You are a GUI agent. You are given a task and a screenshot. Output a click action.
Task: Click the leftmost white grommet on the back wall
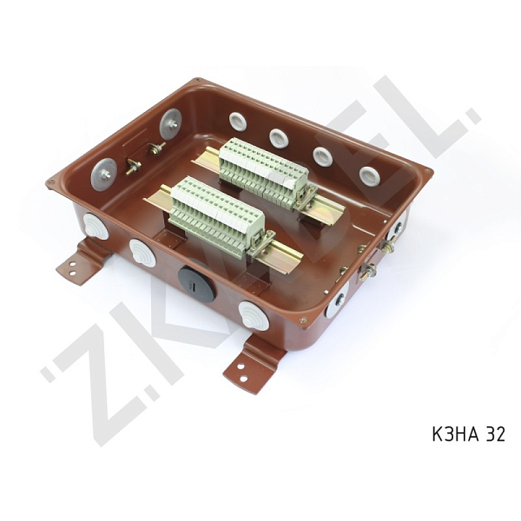[x=237, y=121]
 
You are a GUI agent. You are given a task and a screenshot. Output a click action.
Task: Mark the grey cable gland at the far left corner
[x=96, y=227]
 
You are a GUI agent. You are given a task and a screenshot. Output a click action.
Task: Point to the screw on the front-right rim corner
[x=303, y=321]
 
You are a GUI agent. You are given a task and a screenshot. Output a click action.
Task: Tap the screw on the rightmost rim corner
[x=427, y=170]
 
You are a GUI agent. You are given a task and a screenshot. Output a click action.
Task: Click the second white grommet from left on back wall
[x=278, y=137]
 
